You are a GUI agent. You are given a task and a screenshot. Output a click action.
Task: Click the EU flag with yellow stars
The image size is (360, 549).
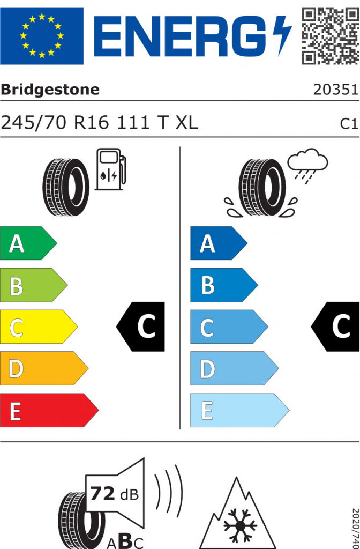click(42, 36)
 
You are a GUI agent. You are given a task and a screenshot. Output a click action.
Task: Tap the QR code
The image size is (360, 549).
click(330, 35)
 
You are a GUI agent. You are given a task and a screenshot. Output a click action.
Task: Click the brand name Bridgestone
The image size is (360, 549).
click(50, 90)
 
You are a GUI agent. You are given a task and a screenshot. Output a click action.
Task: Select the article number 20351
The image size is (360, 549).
click(335, 90)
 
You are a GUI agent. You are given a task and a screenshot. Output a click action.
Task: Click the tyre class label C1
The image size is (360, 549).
click(349, 124)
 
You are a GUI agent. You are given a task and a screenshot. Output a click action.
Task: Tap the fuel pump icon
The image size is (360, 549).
click(110, 169)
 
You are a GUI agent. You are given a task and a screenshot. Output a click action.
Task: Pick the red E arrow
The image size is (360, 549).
click(48, 411)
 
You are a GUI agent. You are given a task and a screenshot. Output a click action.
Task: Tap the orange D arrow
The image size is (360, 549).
click(43, 369)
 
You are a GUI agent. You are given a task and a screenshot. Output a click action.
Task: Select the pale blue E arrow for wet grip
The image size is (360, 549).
click(239, 411)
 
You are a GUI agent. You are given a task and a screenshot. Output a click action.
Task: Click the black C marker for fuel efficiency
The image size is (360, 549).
click(141, 327)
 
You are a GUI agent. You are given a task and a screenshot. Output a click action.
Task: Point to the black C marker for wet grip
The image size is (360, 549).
click(336, 327)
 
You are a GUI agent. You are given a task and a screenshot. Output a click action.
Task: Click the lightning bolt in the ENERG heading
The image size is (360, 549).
click(281, 35)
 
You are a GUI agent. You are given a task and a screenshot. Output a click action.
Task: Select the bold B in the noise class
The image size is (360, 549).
click(124, 540)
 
